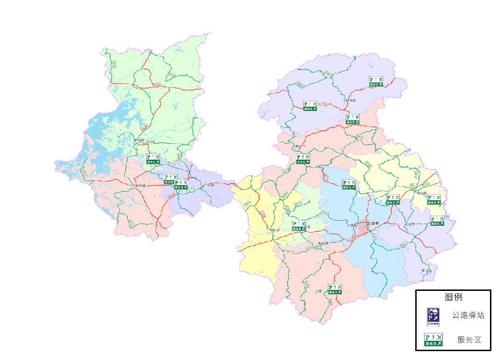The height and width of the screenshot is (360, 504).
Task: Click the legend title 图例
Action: click(x=453, y=297)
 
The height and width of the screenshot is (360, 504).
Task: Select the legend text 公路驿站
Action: click(x=468, y=315)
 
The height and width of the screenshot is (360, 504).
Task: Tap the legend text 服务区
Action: click(x=469, y=340)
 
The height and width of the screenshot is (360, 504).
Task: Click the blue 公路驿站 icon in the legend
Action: click(x=433, y=317)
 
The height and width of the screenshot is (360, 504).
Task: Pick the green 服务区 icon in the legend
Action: click(x=433, y=340)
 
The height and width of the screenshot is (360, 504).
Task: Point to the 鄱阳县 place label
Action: click(x=139, y=140)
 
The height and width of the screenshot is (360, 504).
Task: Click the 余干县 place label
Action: click(x=141, y=186)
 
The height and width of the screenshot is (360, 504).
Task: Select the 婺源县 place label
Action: click(x=351, y=100)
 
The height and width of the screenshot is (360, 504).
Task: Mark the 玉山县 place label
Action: click(x=422, y=193)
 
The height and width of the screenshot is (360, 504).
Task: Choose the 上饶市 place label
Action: click(x=372, y=223)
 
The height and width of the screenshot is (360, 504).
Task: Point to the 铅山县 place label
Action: click(x=323, y=243)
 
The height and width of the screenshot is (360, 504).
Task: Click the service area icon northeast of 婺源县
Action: click(x=376, y=82)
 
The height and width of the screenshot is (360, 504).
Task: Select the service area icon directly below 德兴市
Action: click(x=303, y=159)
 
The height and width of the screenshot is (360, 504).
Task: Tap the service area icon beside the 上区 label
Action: click(x=335, y=289)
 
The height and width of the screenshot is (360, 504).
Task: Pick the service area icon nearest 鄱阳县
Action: click(x=153, y=159)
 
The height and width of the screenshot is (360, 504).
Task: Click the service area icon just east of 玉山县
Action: click(x=434, y=200)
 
